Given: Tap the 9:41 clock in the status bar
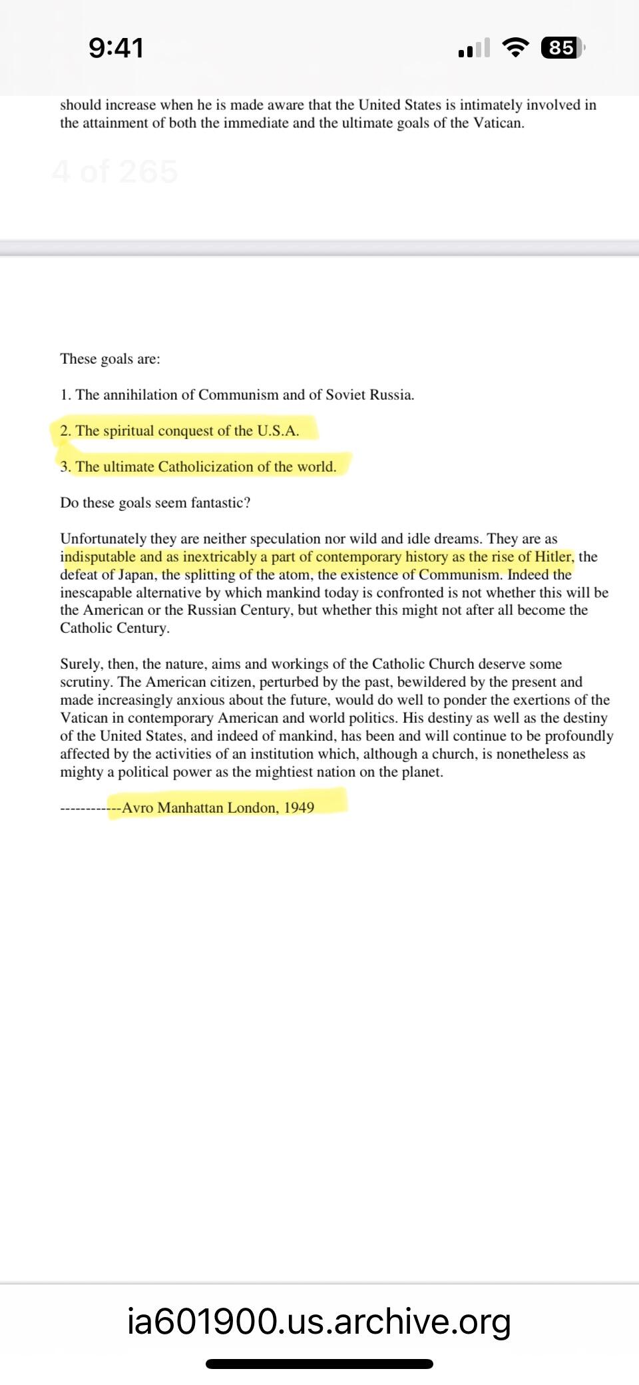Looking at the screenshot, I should click(x=116, y=48).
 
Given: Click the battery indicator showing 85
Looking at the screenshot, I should click(x=561, y=48).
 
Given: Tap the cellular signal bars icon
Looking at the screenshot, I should click(x=473, y=48).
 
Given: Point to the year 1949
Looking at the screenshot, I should click(x=299, y=807).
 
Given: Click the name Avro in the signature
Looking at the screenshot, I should click(x=138, y=807).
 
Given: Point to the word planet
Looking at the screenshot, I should click(x=421, y=772).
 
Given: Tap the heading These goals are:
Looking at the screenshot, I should click(x=110, y=359).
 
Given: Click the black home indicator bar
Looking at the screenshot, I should click(x=319, y=1364).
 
